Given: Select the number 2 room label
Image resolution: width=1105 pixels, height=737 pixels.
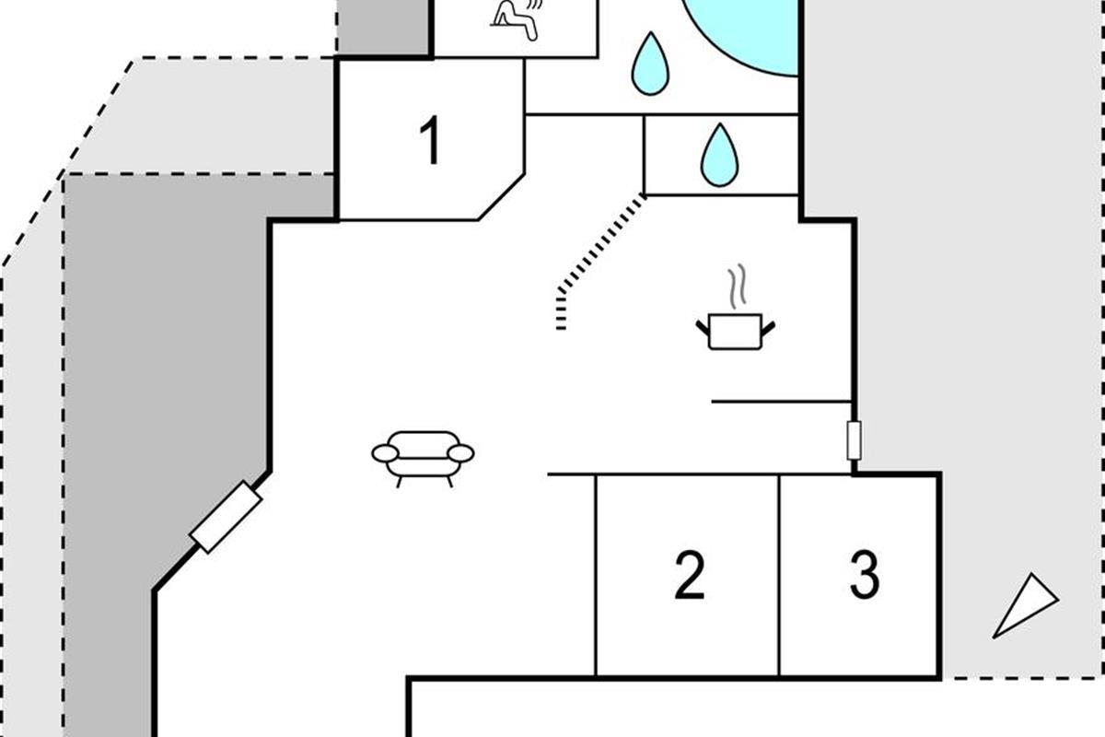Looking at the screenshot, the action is point(689,575).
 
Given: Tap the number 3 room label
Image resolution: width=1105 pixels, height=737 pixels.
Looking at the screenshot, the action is point(865,575).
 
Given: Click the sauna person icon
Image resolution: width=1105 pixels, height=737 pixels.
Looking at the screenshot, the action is point(517,19).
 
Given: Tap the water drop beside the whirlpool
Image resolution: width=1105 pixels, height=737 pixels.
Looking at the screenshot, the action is point(651,64).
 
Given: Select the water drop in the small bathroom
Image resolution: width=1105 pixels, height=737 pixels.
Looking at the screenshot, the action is point(720,155).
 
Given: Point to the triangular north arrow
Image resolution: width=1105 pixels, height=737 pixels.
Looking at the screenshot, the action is point(1024,607).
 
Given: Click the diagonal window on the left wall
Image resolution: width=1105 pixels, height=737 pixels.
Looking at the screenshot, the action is point(226,517).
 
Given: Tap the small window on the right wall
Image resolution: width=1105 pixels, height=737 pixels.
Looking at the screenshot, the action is point(854,440).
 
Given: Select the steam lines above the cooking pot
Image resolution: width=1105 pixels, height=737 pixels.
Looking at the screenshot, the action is point(738,287).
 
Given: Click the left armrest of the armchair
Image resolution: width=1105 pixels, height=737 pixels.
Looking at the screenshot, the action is point(385,453).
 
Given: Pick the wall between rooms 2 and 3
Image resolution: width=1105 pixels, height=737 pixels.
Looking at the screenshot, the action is point(779,575).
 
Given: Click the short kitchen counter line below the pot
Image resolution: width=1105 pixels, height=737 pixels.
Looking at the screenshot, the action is point(782,402).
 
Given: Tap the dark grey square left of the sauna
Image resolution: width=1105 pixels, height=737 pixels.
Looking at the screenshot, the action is point(383,27).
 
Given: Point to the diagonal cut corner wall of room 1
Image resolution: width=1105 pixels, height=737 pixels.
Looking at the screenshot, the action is point(501,197).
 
